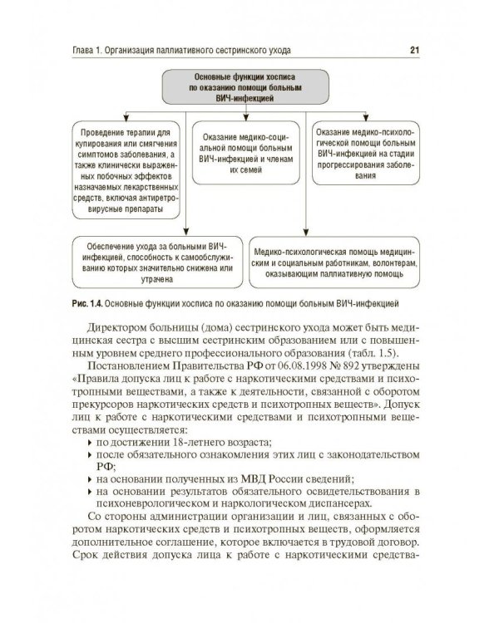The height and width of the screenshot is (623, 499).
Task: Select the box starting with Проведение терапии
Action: tap(125, 171)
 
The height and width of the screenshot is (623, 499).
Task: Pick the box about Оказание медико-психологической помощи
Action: tap(368, 153)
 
